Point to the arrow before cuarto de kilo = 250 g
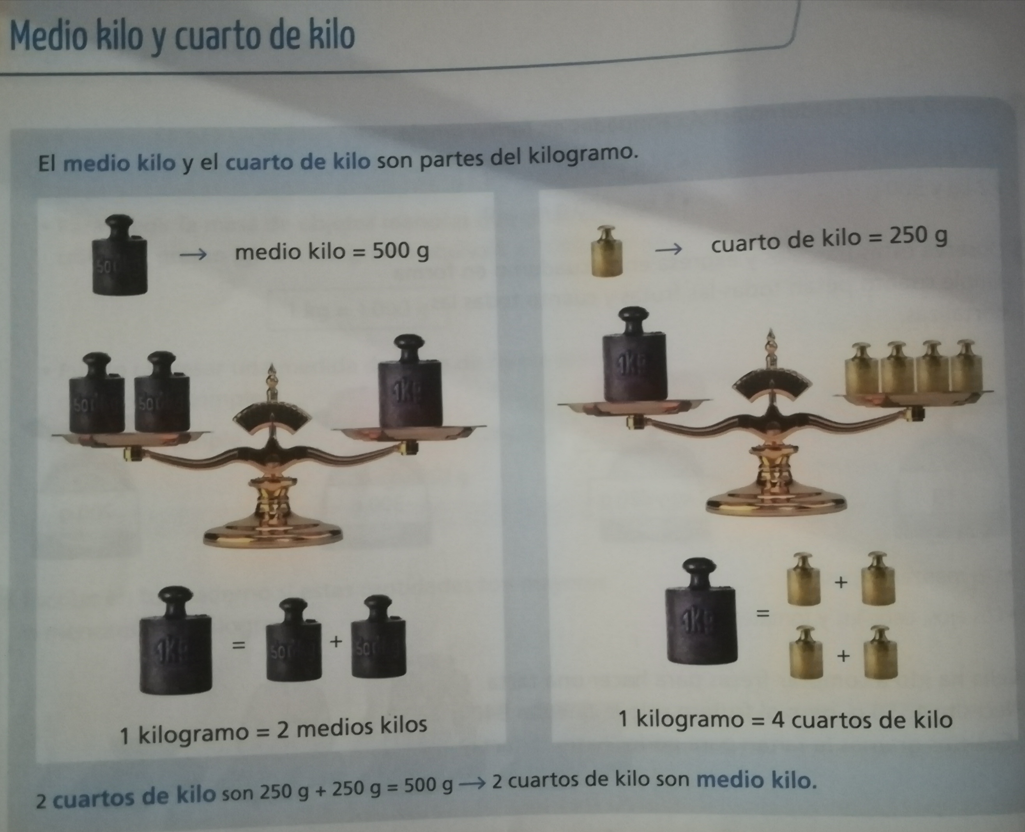668,249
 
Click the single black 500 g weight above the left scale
119,254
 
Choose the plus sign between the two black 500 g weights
336,641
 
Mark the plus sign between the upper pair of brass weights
841,583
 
